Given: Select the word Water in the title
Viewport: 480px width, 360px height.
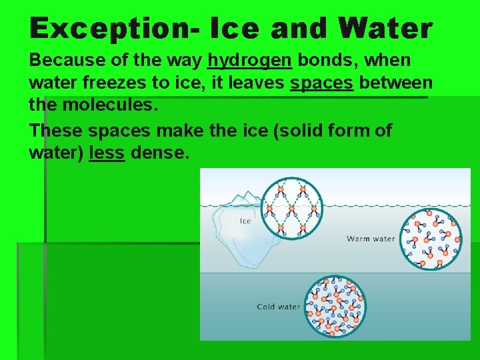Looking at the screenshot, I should click(385, 29).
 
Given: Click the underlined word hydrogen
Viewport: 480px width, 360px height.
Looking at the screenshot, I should click(249, 61).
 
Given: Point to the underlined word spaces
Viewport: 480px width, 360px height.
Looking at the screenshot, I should click(322, 85).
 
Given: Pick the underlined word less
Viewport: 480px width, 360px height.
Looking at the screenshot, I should click(106, 153).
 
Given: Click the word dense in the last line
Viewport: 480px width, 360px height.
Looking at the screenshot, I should click(159, 153).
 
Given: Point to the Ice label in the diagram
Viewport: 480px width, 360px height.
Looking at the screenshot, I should click(245, 221).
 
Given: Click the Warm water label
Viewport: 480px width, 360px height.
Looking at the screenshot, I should click(371, 239).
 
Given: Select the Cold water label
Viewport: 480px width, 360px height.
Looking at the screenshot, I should click(279, 307).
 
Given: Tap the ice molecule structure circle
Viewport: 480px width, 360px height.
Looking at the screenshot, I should click(291, 207).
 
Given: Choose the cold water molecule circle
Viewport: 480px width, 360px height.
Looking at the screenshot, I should click(335, 306).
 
